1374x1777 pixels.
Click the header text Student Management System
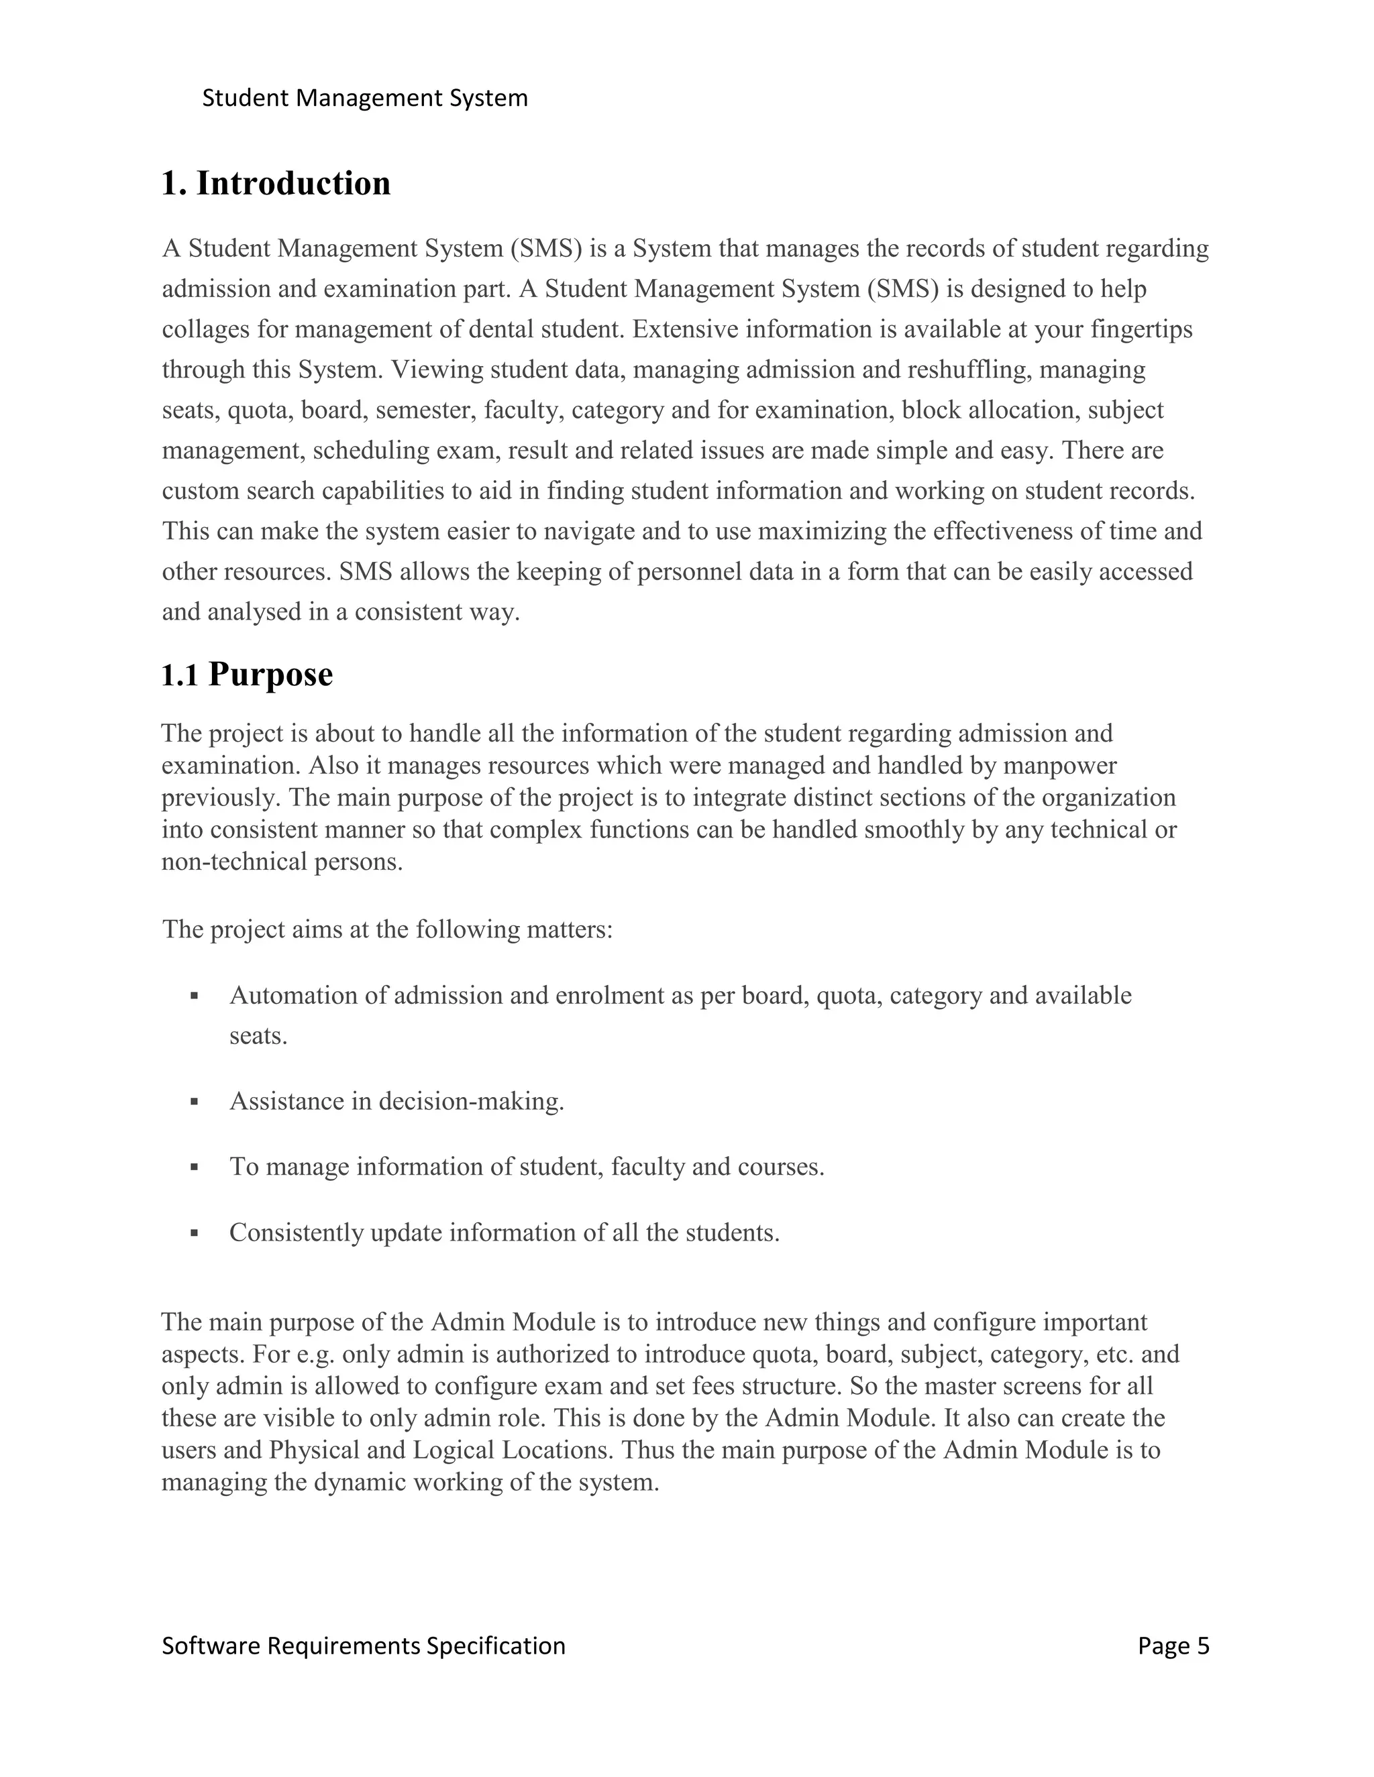[x=365, y=99]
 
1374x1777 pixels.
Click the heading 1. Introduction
[x=276, y=183]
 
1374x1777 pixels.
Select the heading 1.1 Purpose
[x=247, y=675]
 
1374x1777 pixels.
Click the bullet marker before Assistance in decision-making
[x=194, y=1102]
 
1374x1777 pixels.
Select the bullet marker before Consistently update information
[x=194, y=1233]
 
